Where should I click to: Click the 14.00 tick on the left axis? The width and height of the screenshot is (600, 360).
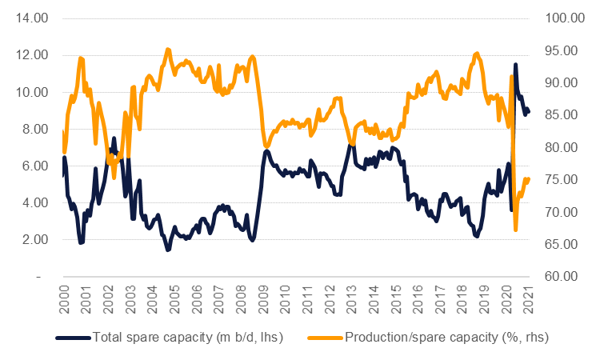[x=30, y=18]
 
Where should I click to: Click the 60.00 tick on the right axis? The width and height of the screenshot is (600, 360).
[x=560, y=277]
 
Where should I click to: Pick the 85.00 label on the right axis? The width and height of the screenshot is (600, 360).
[x=560, y=115]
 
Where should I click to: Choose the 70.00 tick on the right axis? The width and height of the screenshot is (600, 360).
[x=560, y=212]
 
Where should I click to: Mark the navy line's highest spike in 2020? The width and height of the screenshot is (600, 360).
[x=515, y=65]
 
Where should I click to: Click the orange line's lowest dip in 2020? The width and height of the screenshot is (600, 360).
[x=516, y=230]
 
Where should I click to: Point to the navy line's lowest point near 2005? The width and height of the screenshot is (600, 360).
[x=168, y=250]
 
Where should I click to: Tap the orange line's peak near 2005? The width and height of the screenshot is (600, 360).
[x=168, y=50]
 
